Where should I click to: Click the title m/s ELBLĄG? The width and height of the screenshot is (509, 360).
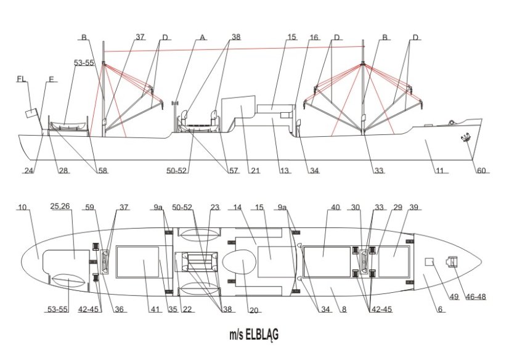click(254, 335)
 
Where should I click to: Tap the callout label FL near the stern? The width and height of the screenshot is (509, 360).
click(22, 80)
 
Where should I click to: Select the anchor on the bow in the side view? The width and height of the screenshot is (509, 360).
click(466, 137)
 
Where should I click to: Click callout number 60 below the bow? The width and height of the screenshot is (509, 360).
click(481, 170)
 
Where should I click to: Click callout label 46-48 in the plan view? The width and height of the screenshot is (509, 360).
click(476, 297)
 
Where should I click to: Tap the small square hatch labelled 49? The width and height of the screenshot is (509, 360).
click(430, 261)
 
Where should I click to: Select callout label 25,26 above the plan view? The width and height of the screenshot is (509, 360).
click(60, 206)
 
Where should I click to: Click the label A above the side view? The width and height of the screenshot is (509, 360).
click(202, 37)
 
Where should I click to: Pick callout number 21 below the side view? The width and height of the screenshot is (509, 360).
click(255, 170)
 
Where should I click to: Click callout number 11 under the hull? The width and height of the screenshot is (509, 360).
click(439, 170)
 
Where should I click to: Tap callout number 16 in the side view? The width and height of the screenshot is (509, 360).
click(314, 37)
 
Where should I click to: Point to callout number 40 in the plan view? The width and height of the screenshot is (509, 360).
click(335, 207)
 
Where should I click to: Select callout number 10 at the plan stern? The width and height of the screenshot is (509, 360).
click(22, 207)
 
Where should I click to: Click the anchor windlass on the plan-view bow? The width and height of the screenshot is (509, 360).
click(452, 261)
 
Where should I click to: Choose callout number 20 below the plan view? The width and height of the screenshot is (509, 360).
click(254, 310)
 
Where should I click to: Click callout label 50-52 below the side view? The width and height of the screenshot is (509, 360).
click(177, 170)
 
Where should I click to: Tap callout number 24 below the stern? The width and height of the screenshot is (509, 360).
click(29, 170)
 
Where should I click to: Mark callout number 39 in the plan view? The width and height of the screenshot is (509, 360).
click(413, 207)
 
